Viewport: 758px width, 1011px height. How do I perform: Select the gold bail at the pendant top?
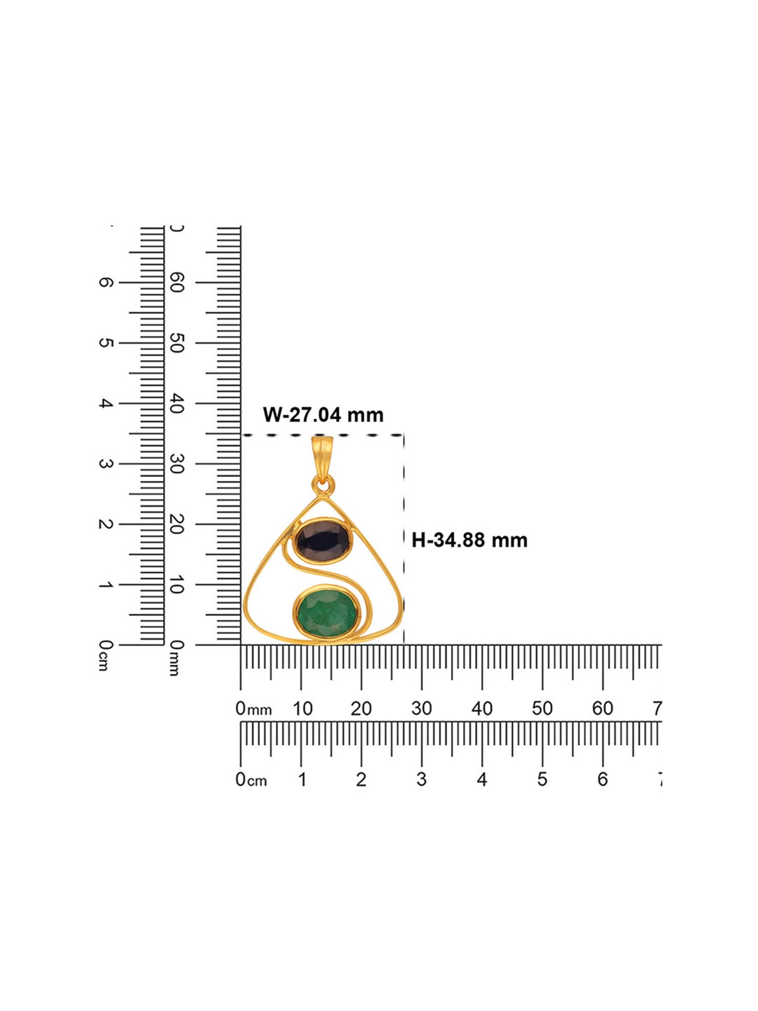(322, 458)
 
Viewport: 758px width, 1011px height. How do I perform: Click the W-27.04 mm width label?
(323, 415)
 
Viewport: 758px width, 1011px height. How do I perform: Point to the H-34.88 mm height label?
(469, 540)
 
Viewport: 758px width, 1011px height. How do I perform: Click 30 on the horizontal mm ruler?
(421, 709)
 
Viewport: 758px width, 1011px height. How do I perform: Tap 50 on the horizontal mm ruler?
(542, 709)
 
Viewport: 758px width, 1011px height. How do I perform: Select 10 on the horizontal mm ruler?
(302, 709)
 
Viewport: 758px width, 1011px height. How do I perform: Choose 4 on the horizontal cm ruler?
(482, 779)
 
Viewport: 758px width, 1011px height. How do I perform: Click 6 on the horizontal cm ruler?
(602, 779)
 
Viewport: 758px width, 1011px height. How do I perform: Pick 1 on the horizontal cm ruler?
(302, 779)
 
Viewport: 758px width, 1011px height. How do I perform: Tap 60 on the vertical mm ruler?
(176, 283)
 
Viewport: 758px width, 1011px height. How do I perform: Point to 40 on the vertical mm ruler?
(176, 403)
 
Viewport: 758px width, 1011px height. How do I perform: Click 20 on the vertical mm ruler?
(176, 525)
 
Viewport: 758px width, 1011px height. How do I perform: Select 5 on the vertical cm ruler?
(104, 343)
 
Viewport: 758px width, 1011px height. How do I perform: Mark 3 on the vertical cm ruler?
(104, 464)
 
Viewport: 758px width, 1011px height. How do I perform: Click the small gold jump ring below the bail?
(322, 487)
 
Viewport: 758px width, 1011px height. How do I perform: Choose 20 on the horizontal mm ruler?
(361, 709)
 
